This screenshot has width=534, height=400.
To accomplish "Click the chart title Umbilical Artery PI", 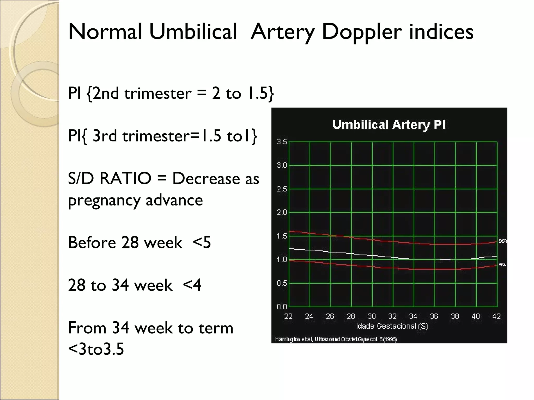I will [x=389, y=125].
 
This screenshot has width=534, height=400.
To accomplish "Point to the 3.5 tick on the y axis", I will [x=282, y=142].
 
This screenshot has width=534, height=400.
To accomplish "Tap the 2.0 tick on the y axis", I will [x=282, y=213].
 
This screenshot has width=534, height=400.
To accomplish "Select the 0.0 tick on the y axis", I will [x=282, y=307].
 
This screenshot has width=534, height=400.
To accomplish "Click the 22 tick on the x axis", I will [x=288, y=316].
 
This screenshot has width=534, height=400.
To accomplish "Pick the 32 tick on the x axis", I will [x=392, y=316].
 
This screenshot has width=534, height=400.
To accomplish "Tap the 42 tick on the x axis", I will [x=496, y=316].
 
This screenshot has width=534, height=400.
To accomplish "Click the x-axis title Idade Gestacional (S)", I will [x=392, y=326].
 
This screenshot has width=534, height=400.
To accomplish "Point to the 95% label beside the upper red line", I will [x=503, y=241].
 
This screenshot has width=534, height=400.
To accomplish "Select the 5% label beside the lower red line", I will [x=502, y=265].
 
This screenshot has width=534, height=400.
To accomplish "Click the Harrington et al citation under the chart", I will [x=336, y=339].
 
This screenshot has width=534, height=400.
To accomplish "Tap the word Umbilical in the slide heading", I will [x=193, y=32].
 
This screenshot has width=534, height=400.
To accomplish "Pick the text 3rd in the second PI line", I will [x=105, y=136].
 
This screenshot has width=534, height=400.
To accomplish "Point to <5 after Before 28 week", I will [x=202, y=242].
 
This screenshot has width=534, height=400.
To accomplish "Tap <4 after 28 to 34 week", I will [x=192, y=285].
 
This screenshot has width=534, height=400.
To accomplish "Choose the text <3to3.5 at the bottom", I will [x=96, y=349].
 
